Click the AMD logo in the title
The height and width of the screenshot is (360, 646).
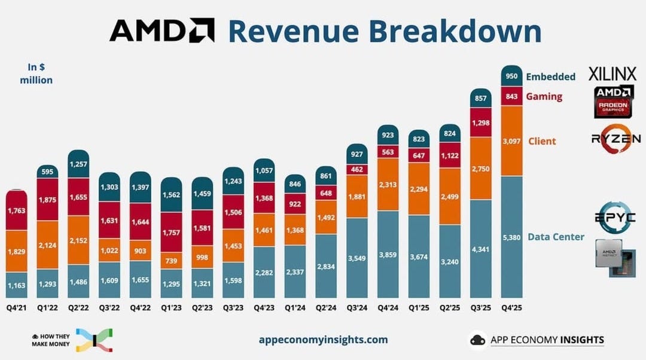point(161,30)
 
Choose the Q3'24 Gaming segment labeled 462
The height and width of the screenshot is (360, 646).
point(358,169)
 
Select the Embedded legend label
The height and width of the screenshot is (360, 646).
point(550,77)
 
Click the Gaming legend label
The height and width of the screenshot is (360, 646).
point(544,96)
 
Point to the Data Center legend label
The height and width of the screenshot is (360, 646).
point(556,237)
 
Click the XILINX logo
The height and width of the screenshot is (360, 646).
point(612,74)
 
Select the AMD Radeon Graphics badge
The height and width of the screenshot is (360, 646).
point(614,100)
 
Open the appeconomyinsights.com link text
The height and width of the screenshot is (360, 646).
point(323,340)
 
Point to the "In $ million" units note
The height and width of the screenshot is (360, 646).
point(36,73)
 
